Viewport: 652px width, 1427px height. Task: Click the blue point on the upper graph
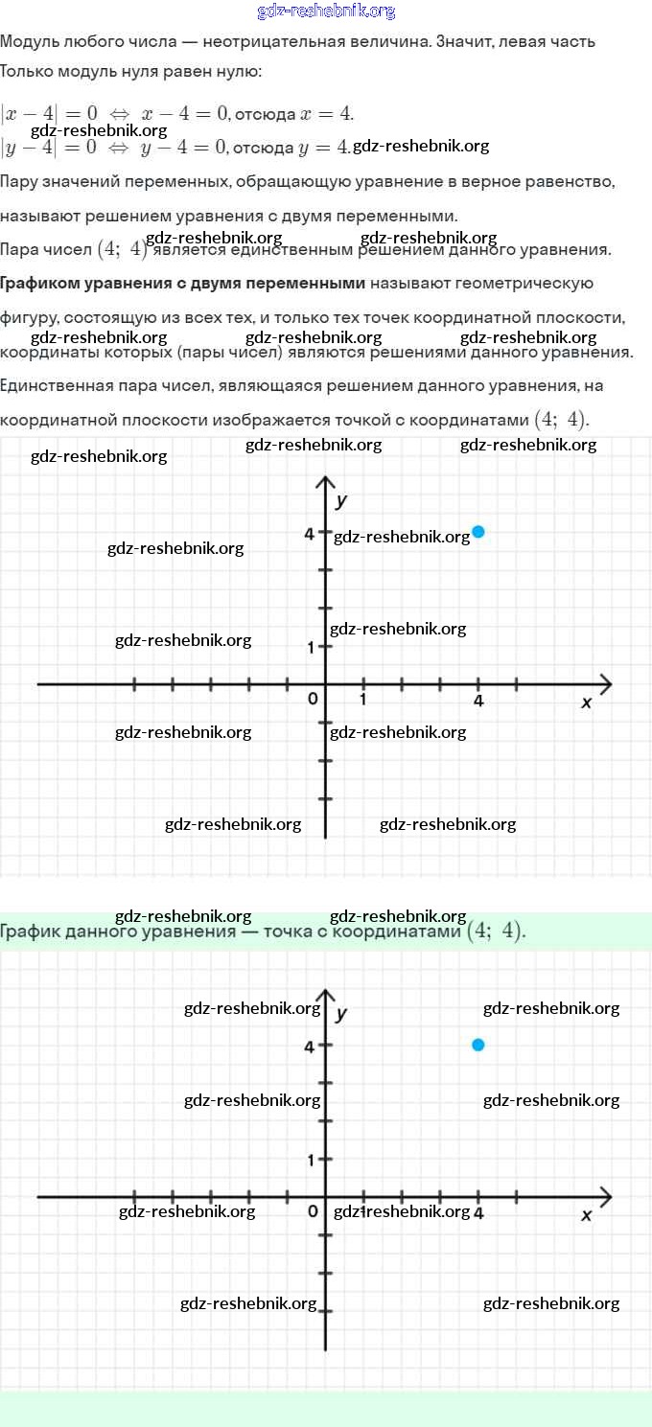point(478,532)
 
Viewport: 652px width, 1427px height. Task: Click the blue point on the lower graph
point(478,1045)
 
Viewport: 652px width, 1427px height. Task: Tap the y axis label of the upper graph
point(341,500)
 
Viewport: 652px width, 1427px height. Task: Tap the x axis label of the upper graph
point(587,702)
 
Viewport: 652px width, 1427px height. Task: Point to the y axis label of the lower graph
point(341,1013)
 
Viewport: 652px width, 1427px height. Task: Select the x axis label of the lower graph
point(587,1215)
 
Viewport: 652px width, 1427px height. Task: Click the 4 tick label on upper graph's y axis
point(310,534)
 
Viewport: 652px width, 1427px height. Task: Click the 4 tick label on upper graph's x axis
point(478,701)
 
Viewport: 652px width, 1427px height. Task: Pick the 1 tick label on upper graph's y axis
point(311,648)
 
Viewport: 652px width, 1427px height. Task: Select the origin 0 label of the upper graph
point(313,700)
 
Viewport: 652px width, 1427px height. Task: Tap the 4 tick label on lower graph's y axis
point(310,1047)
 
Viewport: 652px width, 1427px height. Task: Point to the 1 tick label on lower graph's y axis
point(311,1161)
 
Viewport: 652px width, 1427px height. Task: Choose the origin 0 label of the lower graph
point(313,1212)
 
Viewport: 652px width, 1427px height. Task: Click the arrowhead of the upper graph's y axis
point(326,481)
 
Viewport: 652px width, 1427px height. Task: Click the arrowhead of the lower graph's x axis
point(604,1196)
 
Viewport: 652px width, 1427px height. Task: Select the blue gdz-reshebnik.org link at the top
point(326,12)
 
